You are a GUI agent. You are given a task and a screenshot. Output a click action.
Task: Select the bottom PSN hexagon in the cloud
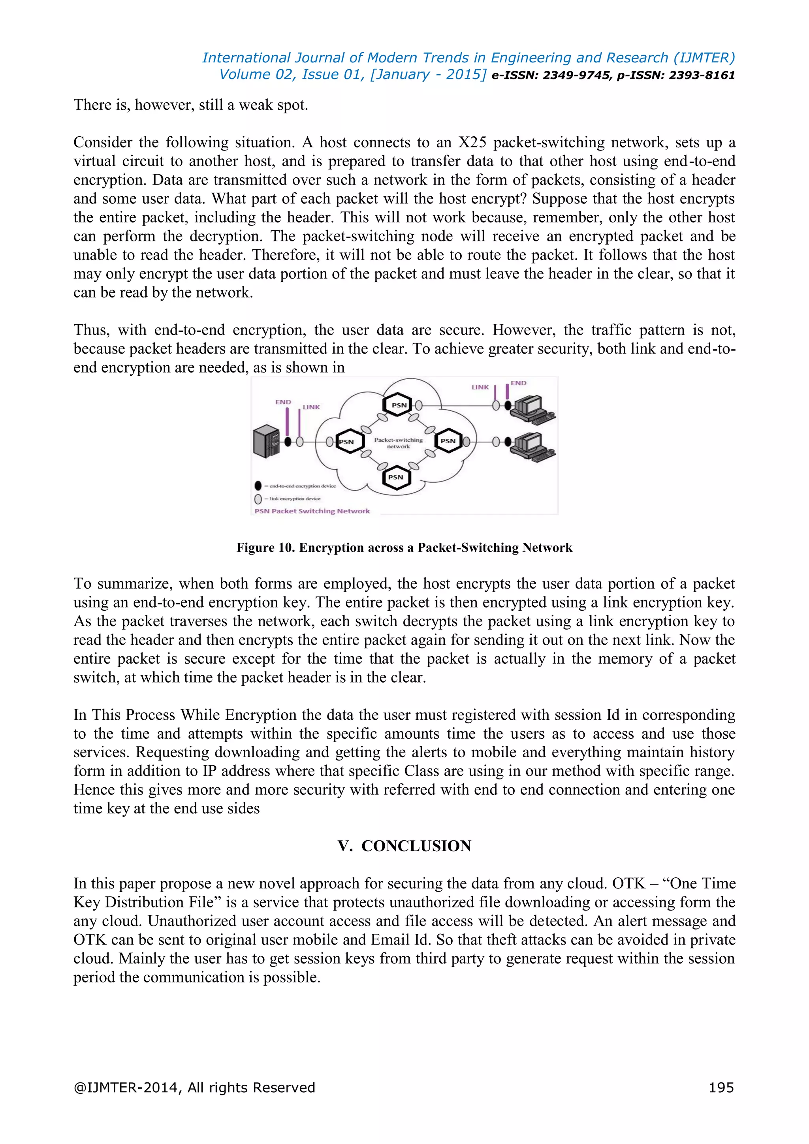point(396,477)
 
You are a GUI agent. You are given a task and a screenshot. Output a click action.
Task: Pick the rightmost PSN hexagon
point(448,440)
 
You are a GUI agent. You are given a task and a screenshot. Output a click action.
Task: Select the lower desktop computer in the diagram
point(532,445)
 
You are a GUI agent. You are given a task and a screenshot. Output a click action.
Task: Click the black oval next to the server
point(288,442)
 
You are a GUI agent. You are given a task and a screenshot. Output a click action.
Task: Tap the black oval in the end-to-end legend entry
point(258,485)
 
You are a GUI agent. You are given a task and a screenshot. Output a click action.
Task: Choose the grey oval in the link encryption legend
point(258,498)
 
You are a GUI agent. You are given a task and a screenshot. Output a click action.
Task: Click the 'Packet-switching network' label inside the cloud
point(398,443)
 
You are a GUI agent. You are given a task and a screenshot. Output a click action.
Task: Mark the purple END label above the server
point(283,402)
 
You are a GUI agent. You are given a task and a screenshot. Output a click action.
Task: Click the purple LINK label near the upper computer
point(480,387)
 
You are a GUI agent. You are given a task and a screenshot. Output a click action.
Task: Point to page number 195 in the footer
point(721,1087)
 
